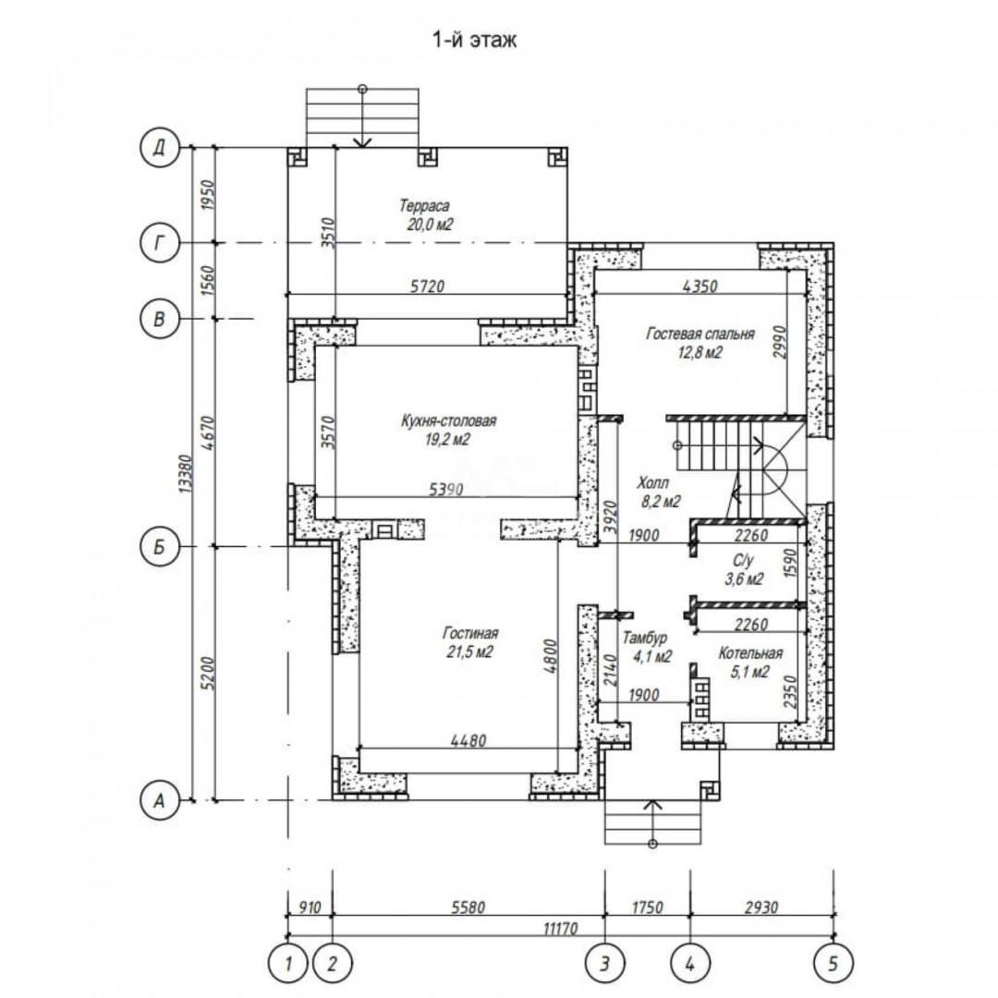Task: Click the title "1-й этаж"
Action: click(x=475, y=40)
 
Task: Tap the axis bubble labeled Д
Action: click(x=159, y=148)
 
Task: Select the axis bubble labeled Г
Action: click(x=159, y=242)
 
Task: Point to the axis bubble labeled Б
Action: click(x=159, y=546)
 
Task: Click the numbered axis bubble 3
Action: click(x=604, y=963)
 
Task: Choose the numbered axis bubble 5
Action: click(x=834, y=963)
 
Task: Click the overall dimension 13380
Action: click(x=185, y=473)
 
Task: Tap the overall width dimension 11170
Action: click(x=560, y=929)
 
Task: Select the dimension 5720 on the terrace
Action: click(x=427, y=286)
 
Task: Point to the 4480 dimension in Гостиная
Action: click(x=469, y=741)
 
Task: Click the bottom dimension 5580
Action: click(x=469, y=907)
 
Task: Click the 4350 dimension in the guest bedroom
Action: click(x=700, y=286)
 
